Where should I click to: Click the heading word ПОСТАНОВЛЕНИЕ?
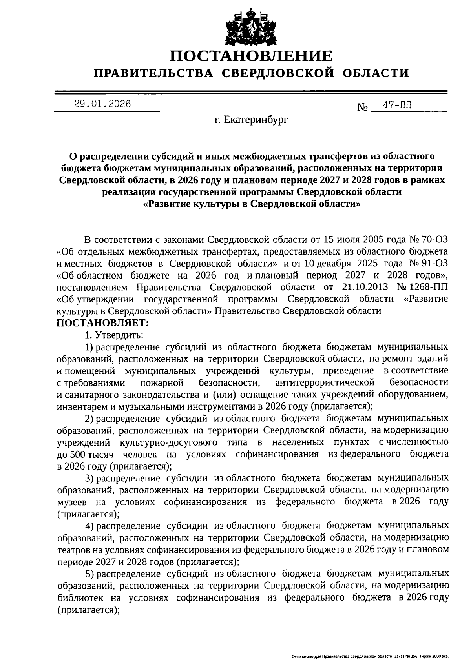(x=251, y=56)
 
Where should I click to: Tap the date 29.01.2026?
(x=102, y=104)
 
